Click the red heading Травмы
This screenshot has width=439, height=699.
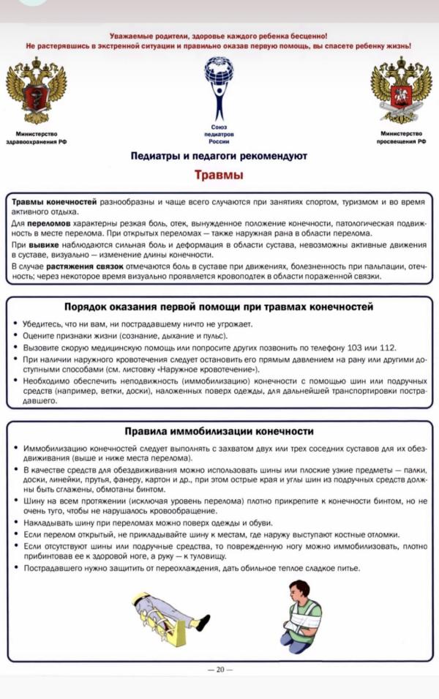219,175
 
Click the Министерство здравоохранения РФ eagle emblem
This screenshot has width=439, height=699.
36,91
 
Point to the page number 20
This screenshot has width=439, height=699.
219,668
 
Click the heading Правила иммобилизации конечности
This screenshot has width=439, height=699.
219,431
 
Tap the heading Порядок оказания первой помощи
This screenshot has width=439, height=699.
219,306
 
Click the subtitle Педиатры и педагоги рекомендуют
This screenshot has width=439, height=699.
219,156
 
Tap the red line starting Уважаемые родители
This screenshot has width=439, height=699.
219,35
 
